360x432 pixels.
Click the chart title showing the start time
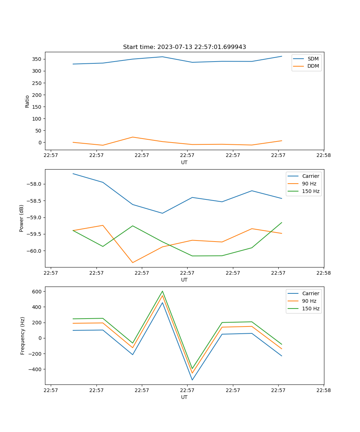(x=184, y=47)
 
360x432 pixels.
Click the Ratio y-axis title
(x=27, y=101)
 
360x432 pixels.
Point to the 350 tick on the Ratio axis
(x=37, y=59)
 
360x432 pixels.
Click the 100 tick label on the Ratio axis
(x=37, y=119)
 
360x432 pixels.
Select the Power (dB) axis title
(x=22, y=218)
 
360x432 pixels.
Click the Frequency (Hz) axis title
(x=23, y=336)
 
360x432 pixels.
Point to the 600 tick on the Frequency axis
(x=37, y=291)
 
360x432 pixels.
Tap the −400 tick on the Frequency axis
(x=35, y=369)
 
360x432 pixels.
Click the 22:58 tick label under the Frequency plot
(x=324, y=390)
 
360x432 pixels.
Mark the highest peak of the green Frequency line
(x=162, y=291)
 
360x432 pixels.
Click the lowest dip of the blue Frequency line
(x=192, y=380)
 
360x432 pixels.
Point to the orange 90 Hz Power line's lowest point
(x=132, y=262)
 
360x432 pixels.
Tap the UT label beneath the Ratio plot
(x=184, y=162)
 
